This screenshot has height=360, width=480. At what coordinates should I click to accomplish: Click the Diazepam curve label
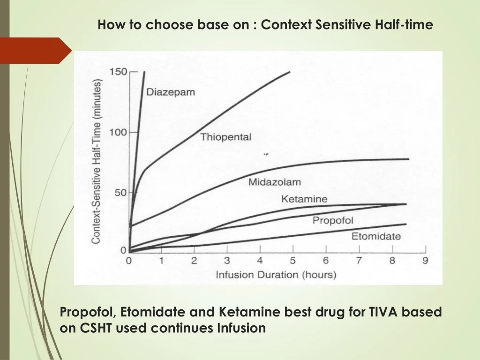(x=170, y=92)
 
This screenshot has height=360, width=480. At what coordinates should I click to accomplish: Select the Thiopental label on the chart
(x=226, y=137)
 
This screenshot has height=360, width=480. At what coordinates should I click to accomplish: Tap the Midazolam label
(x=275, y=182)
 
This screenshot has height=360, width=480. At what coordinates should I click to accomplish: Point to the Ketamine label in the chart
(x=304, y=199)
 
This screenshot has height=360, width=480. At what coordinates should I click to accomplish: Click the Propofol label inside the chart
(x=333, y=220)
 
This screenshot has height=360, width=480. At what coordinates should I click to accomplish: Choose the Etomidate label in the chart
(x=376, y=236)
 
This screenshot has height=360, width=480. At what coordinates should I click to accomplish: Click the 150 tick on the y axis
(x=118, y=72)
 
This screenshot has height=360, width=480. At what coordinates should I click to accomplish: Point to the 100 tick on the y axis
(x=118, y=133)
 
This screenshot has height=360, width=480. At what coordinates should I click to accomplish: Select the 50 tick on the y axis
(x=120, y=193)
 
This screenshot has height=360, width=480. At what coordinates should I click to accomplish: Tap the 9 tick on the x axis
(x=425, y=261)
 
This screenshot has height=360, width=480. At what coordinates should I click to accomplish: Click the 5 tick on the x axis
(x=293, y=261)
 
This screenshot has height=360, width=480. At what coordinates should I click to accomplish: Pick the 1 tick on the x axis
(x=161, y=261)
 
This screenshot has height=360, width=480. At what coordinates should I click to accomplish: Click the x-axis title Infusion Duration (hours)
(x=276, y=275)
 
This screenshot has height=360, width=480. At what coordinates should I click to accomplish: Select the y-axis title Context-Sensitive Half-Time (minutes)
(x=96, y=162)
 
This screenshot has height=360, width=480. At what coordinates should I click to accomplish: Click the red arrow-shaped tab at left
(x=35, y=51)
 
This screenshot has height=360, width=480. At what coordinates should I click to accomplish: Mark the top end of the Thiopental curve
(x=290, y=72)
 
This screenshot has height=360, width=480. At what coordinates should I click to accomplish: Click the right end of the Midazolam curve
(x=408, y=159)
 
